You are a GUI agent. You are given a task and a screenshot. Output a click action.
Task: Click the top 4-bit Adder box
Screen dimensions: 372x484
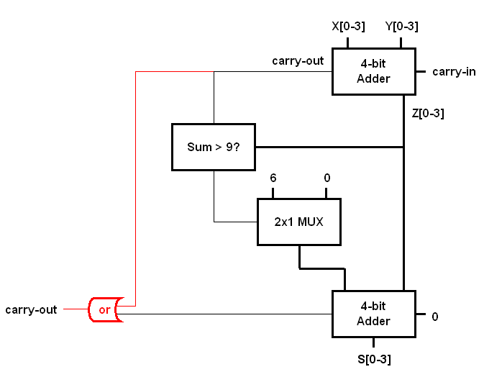[373, 71]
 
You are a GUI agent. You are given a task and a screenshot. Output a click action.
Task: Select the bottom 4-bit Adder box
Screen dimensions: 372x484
[373, 314]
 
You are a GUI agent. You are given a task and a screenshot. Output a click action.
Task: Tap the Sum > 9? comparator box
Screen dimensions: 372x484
[214, 147]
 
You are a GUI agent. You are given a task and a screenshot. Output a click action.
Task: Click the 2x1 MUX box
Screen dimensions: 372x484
[298, 222]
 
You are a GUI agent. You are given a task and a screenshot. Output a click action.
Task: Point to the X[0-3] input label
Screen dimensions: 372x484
[348, 27]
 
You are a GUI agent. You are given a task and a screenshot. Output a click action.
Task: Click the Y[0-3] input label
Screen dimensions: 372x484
[401, 27]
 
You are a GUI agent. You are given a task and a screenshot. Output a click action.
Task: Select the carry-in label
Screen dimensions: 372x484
[453, 72]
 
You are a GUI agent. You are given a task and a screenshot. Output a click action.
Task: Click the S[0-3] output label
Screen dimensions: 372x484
[374, 358]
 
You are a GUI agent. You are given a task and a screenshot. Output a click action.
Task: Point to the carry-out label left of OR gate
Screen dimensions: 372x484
[31, 310]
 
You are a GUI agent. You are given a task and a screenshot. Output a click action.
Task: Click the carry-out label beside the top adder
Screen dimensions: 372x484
[297, 60]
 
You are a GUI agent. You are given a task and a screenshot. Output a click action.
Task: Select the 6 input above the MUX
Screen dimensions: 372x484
[273, 178]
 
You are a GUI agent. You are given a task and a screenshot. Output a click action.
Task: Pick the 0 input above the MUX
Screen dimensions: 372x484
[327, 178]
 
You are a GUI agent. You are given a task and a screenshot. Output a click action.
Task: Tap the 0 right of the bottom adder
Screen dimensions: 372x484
[434, 316]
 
